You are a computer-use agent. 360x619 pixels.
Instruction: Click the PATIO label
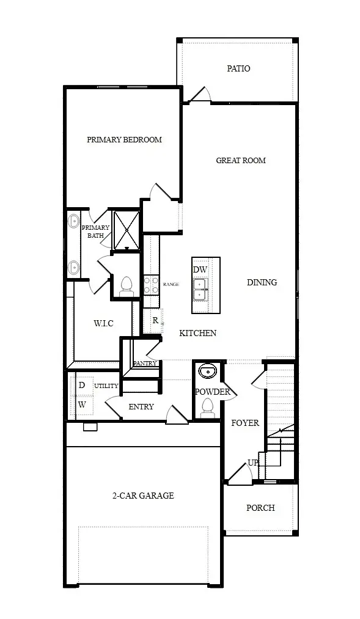coord(238,68)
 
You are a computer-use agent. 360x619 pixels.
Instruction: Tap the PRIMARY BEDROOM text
coord(124,139)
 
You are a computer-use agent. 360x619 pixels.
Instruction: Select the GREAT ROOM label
coord(241,160)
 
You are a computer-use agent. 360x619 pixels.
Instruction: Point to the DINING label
coord(262,282)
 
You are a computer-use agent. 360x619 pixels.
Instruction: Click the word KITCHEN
coord(198,333)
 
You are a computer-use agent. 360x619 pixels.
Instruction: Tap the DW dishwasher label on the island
coord(200,270)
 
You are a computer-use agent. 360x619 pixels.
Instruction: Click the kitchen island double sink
coord(200,290)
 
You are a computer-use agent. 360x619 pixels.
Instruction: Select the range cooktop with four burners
coord(151,285)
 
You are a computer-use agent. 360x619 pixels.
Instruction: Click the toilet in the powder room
coord(207,408)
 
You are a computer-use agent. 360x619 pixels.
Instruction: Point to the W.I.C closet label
coord(103,323)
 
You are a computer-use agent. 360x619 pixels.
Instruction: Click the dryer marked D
coord(82,385)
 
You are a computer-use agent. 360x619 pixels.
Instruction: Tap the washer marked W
coord(82,405)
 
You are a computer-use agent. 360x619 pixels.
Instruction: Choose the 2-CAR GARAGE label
coord(143,496)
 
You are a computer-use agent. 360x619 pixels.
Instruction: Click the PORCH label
coord(260,508)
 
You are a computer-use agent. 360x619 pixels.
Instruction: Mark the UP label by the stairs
coord(252,463)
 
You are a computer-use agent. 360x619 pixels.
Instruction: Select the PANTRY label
coord(145,363)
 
